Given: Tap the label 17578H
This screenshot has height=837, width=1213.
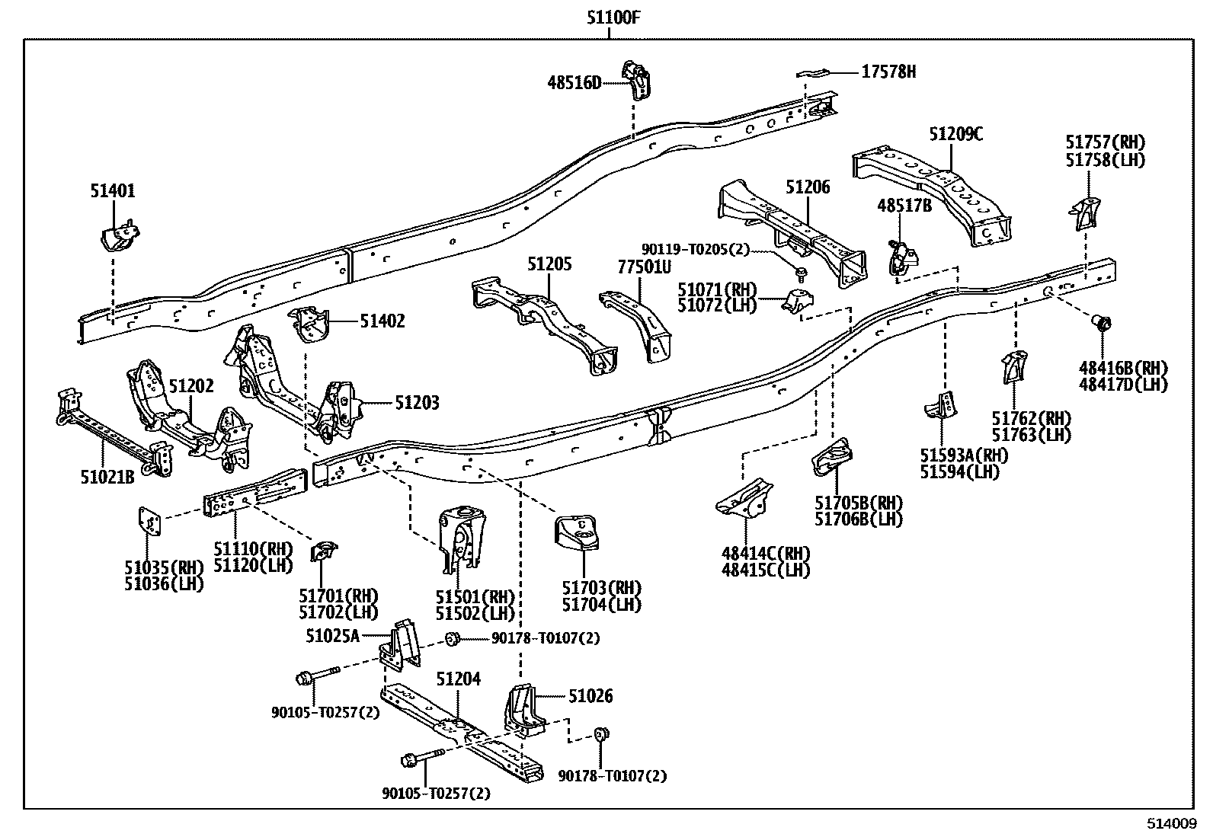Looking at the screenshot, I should [x=888, y=72].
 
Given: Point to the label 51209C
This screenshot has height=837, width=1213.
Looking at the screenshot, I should [x=955, y=135].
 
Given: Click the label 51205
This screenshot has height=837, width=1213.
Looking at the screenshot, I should [x=549, y=264].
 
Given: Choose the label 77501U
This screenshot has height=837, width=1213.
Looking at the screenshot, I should [x=644, y=266].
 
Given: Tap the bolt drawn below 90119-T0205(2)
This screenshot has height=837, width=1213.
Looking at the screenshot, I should [x=801, y=272].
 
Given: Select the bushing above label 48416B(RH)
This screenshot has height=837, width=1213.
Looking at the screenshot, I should [x=1102, y=323].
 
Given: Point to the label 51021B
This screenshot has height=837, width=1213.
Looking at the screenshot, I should [x=107, y=477].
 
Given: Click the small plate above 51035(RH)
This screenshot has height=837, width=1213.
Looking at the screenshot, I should [x=149, y=522].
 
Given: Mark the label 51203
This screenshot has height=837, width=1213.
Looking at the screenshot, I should [x=417, y=402].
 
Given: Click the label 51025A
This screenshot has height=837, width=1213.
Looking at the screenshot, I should [x=332, y=635].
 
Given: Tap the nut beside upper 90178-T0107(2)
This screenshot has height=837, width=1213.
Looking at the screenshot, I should [x=451, y=638].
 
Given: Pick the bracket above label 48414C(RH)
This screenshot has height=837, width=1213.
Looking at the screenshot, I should [x=745, y=497].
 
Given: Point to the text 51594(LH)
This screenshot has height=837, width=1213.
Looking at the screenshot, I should [x=959, y=471].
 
